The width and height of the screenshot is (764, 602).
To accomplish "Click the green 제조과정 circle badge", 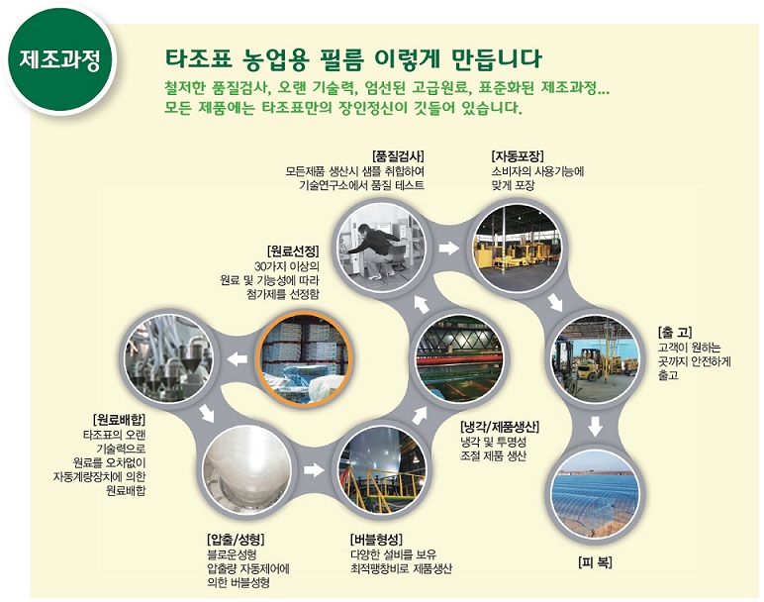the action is click(x=60, y=59).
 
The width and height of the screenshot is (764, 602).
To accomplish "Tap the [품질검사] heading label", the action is click(x=398, y=156).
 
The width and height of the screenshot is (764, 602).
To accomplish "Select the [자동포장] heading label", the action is click(x=518, y=156).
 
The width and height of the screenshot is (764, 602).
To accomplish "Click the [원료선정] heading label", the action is click(x=293, y=251).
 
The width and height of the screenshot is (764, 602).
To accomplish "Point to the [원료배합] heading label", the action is click(x=119, y=420).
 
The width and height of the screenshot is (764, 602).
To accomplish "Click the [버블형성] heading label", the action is click(x=377, y=540).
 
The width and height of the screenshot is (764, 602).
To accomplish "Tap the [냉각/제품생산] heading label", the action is click(x=500, y=428).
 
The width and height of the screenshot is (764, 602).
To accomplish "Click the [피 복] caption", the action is click(x=595, y=562).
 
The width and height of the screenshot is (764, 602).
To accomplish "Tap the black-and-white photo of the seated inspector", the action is click(x=382, y=249).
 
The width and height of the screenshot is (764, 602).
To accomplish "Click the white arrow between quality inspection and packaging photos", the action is click(x=448, y=248).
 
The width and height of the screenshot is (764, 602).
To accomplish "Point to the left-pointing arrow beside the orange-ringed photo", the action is click(x=238, y=359).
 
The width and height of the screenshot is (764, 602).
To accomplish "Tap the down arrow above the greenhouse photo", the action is click(x=596, y=427).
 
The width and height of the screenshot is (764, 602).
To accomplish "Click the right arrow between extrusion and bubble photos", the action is click(x=314, y=470).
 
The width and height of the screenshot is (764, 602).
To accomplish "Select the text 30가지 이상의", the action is click(x=287, y=266).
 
